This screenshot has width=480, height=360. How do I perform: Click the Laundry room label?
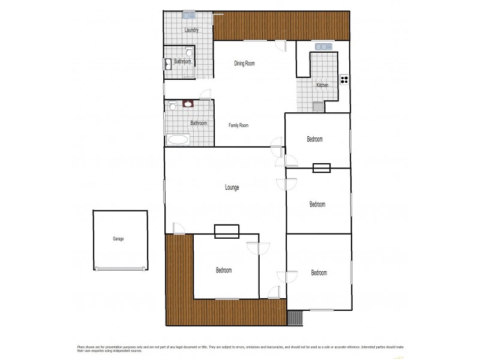click(x=191, y=30)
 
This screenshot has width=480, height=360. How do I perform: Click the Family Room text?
click(x=238, y=125)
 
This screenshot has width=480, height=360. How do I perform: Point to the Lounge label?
click(x=232, y=188)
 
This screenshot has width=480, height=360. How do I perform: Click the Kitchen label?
click(x=322, y=85)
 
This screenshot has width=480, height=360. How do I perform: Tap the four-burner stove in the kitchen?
click(x=344, y=79)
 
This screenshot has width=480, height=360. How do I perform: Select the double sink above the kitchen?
click(x=323, y=46)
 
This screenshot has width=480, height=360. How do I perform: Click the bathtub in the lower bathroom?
click(x=178, y=140)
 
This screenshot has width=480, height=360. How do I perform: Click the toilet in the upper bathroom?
click(x=188, y=52)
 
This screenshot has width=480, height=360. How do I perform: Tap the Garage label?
click(x=118, y=239)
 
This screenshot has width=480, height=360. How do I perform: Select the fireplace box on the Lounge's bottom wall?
click(x=227, y=231)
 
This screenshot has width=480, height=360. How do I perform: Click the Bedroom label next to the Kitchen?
click(x=314, y=139)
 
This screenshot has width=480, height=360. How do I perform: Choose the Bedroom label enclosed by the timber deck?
click(x=224, y=271)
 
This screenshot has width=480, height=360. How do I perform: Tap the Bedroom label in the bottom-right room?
click(x=319, y=273)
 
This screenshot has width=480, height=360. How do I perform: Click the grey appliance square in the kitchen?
click(x=317, y=107)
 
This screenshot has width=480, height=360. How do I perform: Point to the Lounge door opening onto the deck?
click(x=178, y=228)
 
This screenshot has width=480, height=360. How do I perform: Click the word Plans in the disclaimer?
click(x=81, y=347)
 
